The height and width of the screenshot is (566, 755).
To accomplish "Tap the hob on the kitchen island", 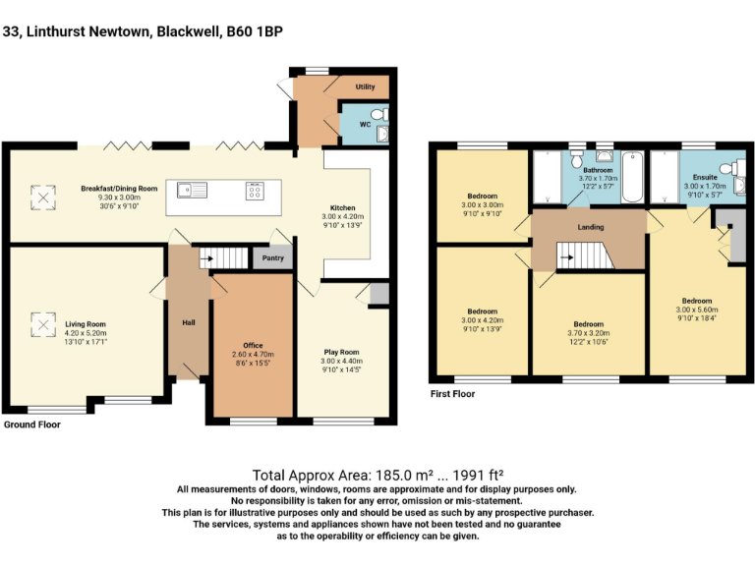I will coord(255,190).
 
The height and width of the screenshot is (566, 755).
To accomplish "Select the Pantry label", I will coord(272,259).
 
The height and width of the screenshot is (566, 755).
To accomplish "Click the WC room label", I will coord(365,126).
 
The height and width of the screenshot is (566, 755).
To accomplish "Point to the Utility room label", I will coord(366,86).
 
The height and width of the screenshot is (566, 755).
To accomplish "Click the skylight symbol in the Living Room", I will coord(42,323).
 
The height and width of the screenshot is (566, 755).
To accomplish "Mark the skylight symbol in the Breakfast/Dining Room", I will coord(42,198).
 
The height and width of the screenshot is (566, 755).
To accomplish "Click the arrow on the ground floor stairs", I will coord(206,259).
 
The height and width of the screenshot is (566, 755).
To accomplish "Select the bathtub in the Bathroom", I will coord(632,176).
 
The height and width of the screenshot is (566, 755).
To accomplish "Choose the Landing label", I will coord(591,227).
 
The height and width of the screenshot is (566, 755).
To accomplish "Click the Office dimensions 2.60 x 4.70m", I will coord(253,355).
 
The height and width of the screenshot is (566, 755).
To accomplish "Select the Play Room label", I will coord(342,351).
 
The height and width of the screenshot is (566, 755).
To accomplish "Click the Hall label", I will coord(188,322).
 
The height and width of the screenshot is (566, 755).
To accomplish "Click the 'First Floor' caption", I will coord(452,394).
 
